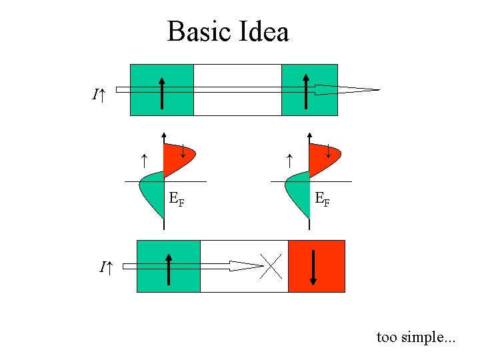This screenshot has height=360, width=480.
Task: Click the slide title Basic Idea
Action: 227,31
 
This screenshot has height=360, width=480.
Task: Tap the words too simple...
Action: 416,337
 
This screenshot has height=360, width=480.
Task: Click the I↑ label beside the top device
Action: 99,95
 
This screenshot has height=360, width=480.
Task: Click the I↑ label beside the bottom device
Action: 106,268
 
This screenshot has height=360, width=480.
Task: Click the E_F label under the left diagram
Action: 177,198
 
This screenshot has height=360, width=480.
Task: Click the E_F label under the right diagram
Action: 322,198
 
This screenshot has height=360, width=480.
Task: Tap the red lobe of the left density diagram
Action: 177,157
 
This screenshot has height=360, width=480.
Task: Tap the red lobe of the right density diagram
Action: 323,157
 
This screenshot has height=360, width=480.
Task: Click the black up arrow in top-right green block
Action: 305,91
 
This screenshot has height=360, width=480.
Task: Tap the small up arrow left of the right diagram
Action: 289,160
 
